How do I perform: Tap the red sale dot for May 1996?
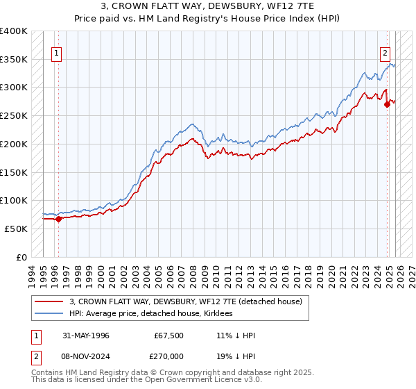pyautogui.click(x=58, y=219)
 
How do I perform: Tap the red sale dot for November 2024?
pyautogui.click(x=388, y=105)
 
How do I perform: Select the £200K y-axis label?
pyautogui.click(x=14, y=144)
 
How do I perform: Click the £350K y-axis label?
pyautogui.click(x=14, y=60)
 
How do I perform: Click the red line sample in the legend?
pyautogui.click(x=49, y=302)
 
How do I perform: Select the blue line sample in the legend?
pyautogui.click(x=49, y=314)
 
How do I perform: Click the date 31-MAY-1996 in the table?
pyautogui.click(x=86, y=336)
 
